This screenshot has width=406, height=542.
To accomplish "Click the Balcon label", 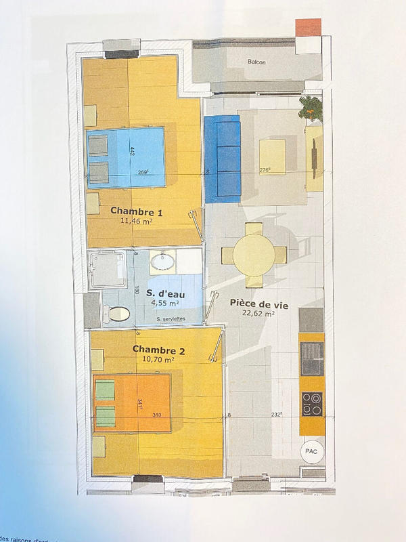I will point(256,62).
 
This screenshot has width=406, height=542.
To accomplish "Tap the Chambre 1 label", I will point(140,211).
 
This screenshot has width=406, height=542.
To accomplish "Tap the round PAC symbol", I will point(312,450).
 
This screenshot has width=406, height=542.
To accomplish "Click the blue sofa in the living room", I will point(222,158).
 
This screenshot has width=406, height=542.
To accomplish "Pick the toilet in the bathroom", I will point(116,312).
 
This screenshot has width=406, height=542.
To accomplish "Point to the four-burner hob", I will point(312,404).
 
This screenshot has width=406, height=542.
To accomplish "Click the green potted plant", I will point(312,108).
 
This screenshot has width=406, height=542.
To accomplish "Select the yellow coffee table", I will point(272,158).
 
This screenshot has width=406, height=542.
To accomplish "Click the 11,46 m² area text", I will point(139,221).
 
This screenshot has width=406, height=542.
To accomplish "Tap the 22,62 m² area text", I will point(259,313).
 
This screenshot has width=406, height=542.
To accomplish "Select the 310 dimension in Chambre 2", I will point(157,415).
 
